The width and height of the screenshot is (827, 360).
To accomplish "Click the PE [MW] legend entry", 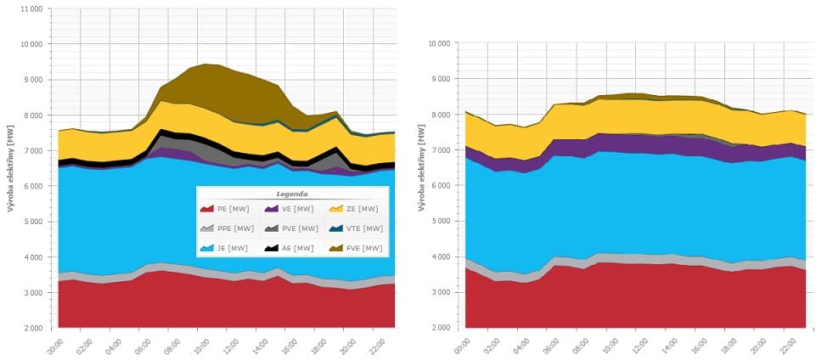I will [x=225, y=208].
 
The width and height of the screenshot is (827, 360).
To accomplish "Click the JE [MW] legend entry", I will [x=224, y=248].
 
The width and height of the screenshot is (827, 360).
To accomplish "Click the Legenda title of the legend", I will [x=292, y=194].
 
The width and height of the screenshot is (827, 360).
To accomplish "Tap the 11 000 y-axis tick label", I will [x=30, y=8].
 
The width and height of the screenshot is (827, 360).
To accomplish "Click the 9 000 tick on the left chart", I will [x=32, y=79].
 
